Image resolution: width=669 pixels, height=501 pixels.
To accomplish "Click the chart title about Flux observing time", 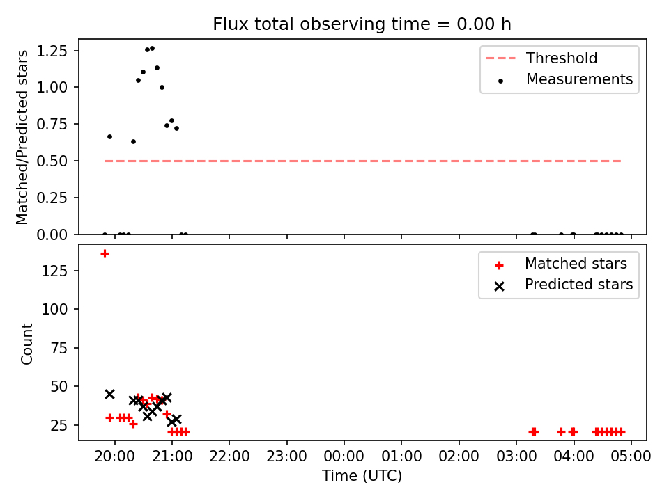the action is point(362,24).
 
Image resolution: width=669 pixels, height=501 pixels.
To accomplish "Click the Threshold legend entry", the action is point(541,58).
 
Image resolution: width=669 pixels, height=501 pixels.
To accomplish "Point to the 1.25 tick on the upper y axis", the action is point(52,51).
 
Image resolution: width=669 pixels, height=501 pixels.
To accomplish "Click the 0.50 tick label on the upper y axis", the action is point(52,161).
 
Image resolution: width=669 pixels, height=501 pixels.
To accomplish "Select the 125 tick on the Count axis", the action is point(54,271).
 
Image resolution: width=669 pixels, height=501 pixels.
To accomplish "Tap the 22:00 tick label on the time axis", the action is point(229,456).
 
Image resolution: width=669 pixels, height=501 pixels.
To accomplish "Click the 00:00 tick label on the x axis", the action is point(344,456).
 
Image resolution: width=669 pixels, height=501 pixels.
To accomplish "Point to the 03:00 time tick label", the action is point(516,456).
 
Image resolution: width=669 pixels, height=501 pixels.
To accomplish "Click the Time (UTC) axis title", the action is point(362,475).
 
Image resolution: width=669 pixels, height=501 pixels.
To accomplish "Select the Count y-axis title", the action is point(26,344).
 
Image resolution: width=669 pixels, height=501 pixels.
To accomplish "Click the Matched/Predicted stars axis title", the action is point(22,137).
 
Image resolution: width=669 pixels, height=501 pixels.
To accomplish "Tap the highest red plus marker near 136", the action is point(105,254).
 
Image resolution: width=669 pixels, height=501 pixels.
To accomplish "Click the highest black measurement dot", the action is point(153,49).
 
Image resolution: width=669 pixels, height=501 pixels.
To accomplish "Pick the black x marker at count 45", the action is point(109,394).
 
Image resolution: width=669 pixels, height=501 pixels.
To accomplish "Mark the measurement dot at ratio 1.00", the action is point(162,88).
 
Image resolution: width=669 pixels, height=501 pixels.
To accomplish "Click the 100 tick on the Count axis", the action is point(54,309).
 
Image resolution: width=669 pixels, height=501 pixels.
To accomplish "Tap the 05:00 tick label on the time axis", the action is point(631,456).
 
